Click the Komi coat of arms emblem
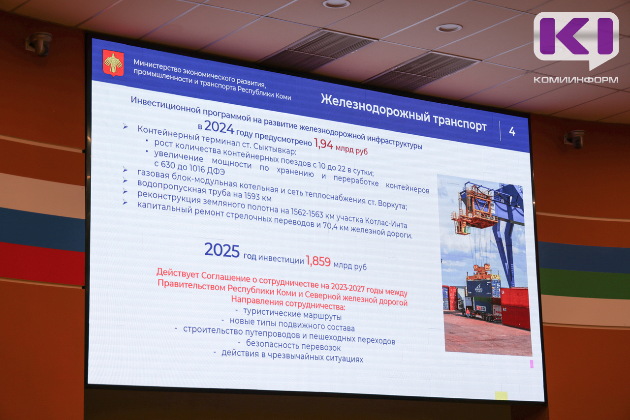pyautogui.click(x=113, y=63)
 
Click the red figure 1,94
pyautogui.click(x=323, y=144)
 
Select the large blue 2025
pyautogui.click(x=222, y=250)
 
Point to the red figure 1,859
pyautogui.click(x=318, y=261)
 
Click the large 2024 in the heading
pyautogui.click(x=219, y=127)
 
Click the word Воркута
pyautogui.click(x=393, y=205)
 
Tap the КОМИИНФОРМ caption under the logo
pyautogui.click(x=576, y=80)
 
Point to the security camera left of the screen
pyautogui.click(x=39, y=44)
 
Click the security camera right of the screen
pyautogui.click(x=575, y=138)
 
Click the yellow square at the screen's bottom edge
pyautogui.click(x=501, y=396)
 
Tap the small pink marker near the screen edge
pyautogui.click(x=532, y=364)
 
